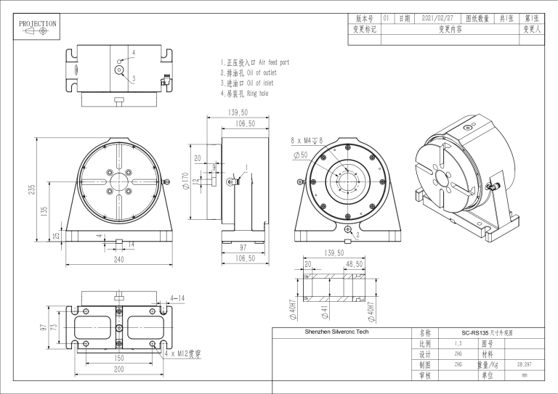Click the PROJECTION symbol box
click(x=37, y=28)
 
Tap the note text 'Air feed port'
click(x=274, y=63)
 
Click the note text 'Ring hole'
click(x=258, y=94)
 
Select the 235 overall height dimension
click(x=32, y=189)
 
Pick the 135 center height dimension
click(x=44, y=212)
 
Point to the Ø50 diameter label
click(x=299, y=155)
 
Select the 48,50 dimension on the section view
click(x=355, y=264)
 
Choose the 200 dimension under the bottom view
click(x=118, y=369)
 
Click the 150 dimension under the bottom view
click(x=118, y=358)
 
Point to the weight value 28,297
click(x=524, y=364)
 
